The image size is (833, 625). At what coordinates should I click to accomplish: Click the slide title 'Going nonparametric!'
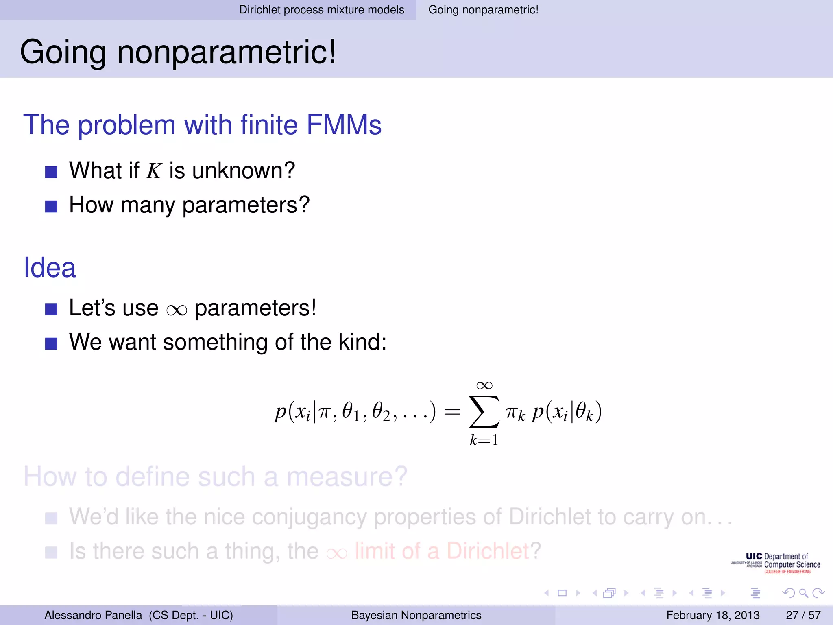(178, 52)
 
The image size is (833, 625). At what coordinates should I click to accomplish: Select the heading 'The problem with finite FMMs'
(202, 125)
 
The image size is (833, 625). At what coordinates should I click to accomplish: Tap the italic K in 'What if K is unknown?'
(154, 171)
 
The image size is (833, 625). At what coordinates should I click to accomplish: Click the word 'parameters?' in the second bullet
(246, 205)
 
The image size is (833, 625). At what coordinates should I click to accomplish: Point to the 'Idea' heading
(50, 268)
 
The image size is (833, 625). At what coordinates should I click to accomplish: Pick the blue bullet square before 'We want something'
(51, 343)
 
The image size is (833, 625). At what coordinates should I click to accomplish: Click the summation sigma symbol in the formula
(484, 412)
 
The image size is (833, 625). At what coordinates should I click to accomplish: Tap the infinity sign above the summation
(484, 385)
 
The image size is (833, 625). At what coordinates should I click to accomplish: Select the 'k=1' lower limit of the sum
(484, 440)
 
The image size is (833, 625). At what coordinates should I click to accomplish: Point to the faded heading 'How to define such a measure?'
(216, 476)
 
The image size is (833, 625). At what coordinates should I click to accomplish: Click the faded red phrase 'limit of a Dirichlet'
(442, 551)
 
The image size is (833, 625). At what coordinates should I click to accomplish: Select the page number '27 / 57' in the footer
(803, 615)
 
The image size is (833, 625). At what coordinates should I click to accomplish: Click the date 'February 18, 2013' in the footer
(713, 615)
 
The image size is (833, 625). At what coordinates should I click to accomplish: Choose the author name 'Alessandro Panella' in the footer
(93, 615)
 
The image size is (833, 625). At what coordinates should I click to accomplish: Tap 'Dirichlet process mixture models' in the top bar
(321, 10)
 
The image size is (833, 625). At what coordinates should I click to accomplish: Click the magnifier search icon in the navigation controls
(803, 593)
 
